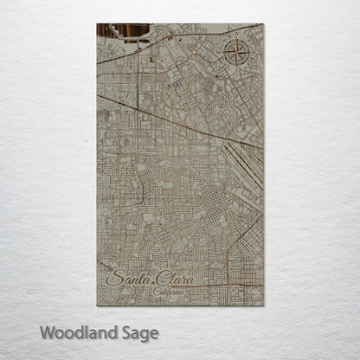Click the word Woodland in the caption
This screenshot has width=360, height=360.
coord(75,331)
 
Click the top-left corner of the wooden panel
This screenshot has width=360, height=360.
coord(97,23)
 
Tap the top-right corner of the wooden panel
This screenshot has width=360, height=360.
coord(262,23)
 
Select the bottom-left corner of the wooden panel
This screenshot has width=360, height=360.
coord(97,305)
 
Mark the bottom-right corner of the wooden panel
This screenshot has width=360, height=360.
coord(262,305)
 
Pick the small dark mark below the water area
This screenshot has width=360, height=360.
coord(150,61)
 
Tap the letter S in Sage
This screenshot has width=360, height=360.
coord(123,331)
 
